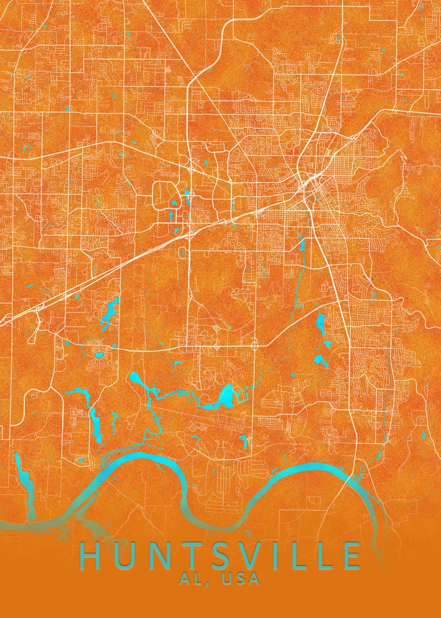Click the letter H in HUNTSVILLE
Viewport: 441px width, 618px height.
pyautogui.click(x=92, y=556)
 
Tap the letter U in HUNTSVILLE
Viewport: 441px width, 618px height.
pyautogui.click(x=124, y=556)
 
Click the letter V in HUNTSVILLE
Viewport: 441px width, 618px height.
pyautogui.click(x=246, y=556)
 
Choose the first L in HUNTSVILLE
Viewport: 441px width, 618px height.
pyautogui.click(x=292, y=556)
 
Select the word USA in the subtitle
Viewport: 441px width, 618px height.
pyautogui.click(x=240, y=578)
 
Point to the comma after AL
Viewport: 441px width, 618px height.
pyautogui.click(x=206, y=582)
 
